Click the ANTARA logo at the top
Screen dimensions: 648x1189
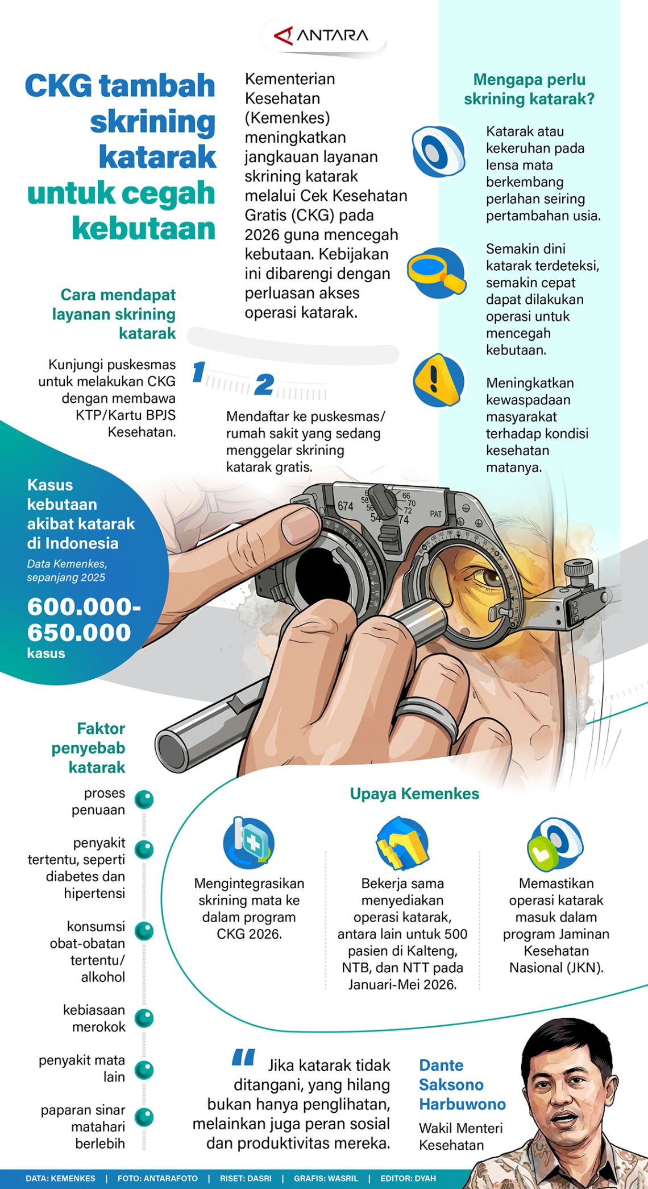(322, 36)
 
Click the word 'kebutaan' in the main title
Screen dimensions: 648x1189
(143, 228)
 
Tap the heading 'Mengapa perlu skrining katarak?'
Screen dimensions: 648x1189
(529, 89)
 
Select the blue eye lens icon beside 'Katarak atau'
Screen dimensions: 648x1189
(438, 152)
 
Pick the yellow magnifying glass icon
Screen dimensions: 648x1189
(437, 273)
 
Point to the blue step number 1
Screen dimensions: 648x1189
(198, 372)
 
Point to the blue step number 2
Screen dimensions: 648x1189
(264, 385)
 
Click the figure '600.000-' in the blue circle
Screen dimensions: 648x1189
(84, 606)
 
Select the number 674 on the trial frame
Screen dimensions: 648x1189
(346, 506)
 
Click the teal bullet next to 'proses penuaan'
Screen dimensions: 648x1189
(144, 799)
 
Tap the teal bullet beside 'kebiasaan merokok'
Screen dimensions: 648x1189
(144, 1018)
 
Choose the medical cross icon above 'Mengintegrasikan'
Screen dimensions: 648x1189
(249, 843)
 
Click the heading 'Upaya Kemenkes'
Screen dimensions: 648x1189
(414, 794)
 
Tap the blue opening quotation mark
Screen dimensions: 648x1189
(243, 1057)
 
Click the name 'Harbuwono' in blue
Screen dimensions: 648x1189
(462, 1104)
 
